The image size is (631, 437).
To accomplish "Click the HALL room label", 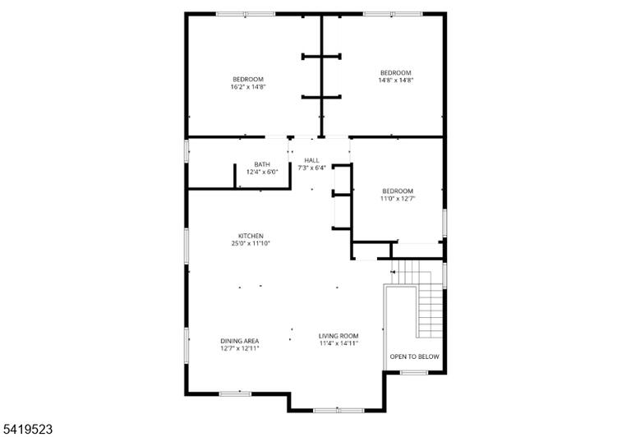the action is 311,160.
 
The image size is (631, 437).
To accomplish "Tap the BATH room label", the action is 262,164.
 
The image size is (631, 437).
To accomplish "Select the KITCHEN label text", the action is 251,236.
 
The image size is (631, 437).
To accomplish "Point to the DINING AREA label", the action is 239,341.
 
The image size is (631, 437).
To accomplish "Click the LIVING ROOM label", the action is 339,336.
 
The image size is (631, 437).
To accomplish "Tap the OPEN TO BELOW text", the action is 414,356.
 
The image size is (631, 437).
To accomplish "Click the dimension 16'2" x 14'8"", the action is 248,86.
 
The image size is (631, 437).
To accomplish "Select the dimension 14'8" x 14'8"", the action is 395,80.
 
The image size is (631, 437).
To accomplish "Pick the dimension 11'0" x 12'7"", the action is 398,199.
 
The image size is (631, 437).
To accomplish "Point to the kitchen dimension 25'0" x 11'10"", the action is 251,243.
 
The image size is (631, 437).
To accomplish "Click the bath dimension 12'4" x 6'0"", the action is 262,172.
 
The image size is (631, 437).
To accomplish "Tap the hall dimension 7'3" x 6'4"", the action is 311,168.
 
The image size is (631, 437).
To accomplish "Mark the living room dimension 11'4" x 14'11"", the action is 339,343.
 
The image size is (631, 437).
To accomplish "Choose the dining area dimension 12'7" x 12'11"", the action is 239,348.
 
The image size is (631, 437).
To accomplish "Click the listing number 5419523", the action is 26,429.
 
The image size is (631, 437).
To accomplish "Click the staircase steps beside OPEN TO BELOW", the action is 431,310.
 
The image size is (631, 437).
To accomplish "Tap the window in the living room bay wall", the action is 339,411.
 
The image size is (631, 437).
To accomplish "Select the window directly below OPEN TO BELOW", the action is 414,373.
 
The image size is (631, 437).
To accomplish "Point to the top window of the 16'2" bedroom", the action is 246,14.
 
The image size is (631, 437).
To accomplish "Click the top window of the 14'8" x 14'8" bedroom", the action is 393,14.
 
